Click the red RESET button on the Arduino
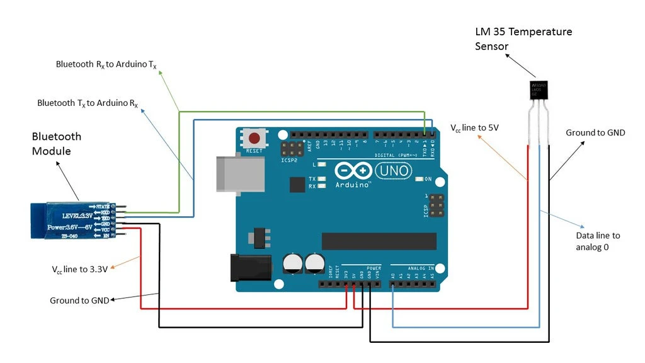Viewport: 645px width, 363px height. (x=254, y=138)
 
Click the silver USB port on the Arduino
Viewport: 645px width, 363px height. (x=240, y=173)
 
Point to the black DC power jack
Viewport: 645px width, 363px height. (x=251, y=267)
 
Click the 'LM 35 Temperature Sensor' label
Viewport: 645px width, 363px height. (x=523, y=38)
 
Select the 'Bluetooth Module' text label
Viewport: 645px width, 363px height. (x=57, y=144)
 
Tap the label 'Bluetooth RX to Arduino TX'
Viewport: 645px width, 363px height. (x=106, y=64)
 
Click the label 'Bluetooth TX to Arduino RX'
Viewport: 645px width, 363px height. (x=88, y=103)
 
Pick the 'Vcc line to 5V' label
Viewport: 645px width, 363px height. (x=474, y=128)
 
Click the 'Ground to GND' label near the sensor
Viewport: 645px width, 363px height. (x=595, y=133)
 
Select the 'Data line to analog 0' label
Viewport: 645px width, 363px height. (x=598, y=241)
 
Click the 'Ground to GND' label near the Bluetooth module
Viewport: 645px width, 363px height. (x=79, y=301)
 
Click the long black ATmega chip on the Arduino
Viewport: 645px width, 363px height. (x=379, y=241)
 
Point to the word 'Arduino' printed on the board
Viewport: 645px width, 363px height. (x=353, y=185)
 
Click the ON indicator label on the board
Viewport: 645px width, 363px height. (x=428, y=180)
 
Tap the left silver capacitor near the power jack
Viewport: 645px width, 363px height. (x=293, y=263)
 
